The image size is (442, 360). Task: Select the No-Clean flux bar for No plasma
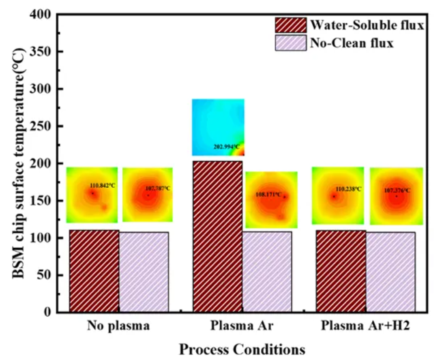[144, 272]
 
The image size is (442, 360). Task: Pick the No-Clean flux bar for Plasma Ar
[267, 272]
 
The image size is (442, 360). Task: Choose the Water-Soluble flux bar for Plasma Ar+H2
[341, 271]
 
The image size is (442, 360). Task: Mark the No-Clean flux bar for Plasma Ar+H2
[391, 272]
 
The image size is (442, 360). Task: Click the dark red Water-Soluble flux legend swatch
[290, 26]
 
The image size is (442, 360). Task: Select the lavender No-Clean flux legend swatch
[290, 43]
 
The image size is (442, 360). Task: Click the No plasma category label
[118, 326]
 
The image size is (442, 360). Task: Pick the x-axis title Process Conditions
[242, 349]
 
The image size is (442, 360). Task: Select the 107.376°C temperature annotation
[397, 190]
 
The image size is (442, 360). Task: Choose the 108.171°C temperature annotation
[268, 195]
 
